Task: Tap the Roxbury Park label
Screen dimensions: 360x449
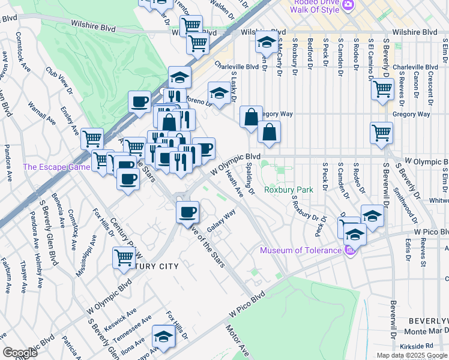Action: click(289, 190)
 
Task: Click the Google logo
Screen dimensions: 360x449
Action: click(20, 353)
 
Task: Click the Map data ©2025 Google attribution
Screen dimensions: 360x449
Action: click(411, 355)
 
